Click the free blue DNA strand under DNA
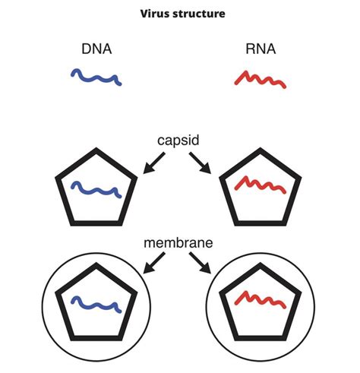tap(96, 77)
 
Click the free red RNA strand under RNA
tap(261, 79)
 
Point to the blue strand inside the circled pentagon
tap(96, 304)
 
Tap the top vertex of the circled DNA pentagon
tap(96, 265)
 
